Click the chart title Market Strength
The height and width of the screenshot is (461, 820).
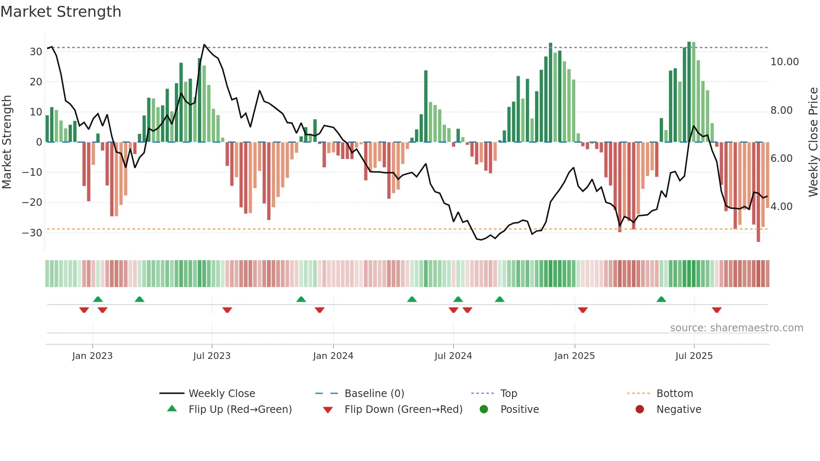tap(61, 12)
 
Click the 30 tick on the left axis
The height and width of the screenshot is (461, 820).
tap(36, 52)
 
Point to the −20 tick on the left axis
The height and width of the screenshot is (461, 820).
tap(32, 202)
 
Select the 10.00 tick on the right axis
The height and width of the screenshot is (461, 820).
tap(784, 62)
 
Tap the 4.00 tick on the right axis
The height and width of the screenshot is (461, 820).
tap(781, 207)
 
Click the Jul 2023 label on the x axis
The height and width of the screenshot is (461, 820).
tap(212, 356)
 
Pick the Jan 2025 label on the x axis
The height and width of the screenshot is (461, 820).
tap(574, 356)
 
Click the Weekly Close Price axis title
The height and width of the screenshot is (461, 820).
tap(813, 142)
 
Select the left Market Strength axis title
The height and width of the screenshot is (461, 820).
tap(7, 142)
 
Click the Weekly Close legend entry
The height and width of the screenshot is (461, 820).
tap(222, 394)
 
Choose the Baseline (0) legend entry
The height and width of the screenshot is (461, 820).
tap(374, 394)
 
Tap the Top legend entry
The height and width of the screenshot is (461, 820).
tap(509, 394)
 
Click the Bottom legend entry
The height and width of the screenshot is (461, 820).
tap(674, 394)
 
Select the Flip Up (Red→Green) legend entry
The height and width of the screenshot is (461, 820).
tap(240, 410)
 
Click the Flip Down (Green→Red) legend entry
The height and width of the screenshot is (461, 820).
tap(403, 410)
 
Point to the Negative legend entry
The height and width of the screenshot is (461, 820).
tap(679, 410)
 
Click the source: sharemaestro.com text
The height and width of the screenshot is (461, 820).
tap(736, 328)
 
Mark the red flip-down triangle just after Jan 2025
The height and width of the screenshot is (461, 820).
tap(583, 310)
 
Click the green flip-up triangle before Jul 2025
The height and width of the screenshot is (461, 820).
tap(661, 300)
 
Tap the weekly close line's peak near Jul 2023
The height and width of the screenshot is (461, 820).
tap(204, 45)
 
